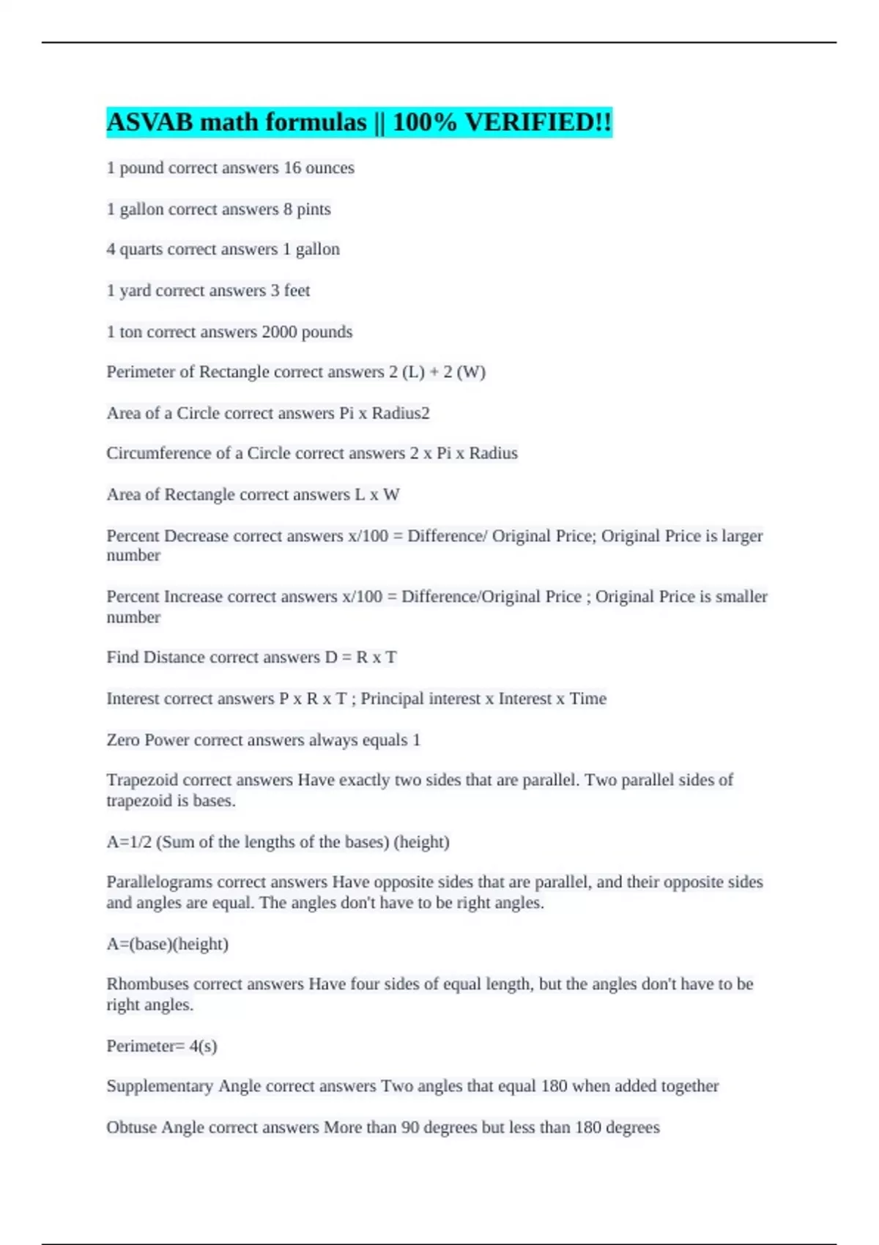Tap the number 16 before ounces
[292, 168]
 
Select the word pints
[314, 209]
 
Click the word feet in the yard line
[297, 291]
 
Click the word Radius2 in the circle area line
[401, 413]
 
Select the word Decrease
[196, 536]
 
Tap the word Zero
[123, 740]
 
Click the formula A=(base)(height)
[168, 944]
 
